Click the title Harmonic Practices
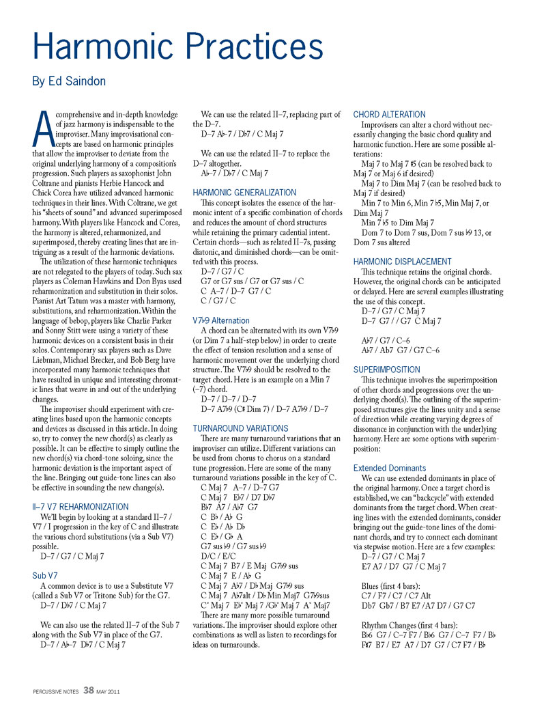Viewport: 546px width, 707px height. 177,46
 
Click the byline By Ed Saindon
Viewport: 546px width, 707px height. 69,82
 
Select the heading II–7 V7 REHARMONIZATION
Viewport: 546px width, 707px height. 80,507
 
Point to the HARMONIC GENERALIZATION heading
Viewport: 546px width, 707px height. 244,193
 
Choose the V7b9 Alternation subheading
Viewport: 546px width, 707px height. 221,320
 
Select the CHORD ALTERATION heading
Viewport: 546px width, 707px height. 389,114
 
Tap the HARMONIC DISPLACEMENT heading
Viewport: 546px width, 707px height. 402,262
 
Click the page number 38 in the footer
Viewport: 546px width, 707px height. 89,690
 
